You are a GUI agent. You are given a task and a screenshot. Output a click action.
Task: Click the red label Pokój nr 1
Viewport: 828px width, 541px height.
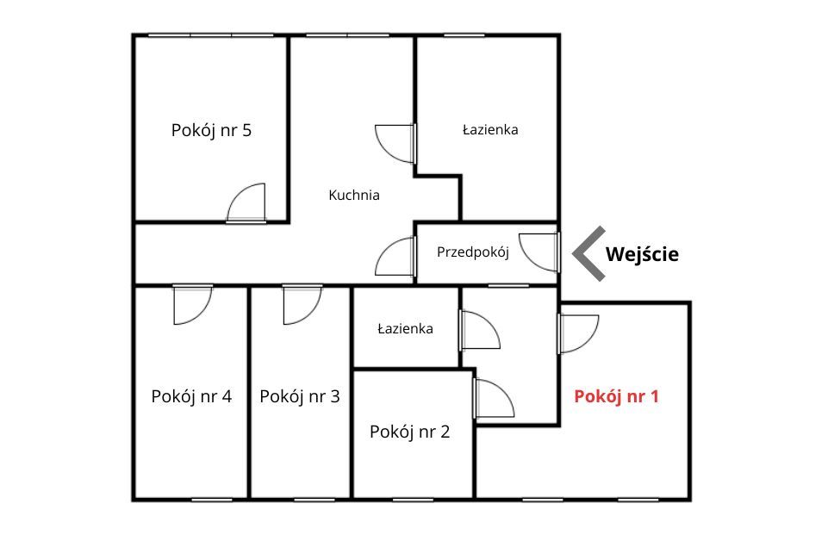pyautogui.click(x=616, y=396)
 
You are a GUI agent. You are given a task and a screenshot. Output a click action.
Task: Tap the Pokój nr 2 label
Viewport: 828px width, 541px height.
pyautogui.click(x=410, y=432)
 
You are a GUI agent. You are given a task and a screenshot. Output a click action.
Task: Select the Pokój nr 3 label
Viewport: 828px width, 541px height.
pyautogui.click(x=300, y=396)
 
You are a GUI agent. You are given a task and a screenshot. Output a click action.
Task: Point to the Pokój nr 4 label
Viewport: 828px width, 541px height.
pyautogui.click(x=191, y=396)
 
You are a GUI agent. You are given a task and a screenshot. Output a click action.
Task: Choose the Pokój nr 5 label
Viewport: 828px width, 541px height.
pyautogui.click(x=211, y=130)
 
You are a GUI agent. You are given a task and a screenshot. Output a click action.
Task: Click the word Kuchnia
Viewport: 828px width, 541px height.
pyautogui.click(x=354, y=196)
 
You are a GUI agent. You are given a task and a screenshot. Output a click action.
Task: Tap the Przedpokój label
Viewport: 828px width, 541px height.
pyautogui.click(x=473, y=252)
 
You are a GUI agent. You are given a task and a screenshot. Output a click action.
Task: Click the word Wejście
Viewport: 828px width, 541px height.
pyautogui.click(x=642, y=254)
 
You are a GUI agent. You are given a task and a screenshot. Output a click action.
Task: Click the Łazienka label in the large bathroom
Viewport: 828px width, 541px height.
pyautogui.click(x=490, y=129)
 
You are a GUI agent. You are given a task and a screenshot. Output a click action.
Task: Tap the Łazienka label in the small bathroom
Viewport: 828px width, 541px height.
pyautogui.click(x=405, y=329)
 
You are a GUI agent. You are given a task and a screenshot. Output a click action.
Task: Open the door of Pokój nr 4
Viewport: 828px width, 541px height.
pyautogui.click(x=193, y=305)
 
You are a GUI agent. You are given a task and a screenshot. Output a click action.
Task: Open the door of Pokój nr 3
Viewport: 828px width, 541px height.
pyautogui.click(x=302, y=305)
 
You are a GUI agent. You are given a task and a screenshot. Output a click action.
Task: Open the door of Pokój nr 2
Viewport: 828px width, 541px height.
pyautogui.click(x=494, y=399)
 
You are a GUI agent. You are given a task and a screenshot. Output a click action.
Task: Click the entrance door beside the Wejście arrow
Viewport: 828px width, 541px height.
pyautogui.click(x=539, y=252)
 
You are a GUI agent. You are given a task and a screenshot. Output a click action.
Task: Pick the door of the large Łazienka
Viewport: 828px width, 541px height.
pyautogui.click(x=395, y=144)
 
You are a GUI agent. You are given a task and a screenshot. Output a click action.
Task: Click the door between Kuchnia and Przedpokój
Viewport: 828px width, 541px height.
pyautogui.click(x=395, y=256)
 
